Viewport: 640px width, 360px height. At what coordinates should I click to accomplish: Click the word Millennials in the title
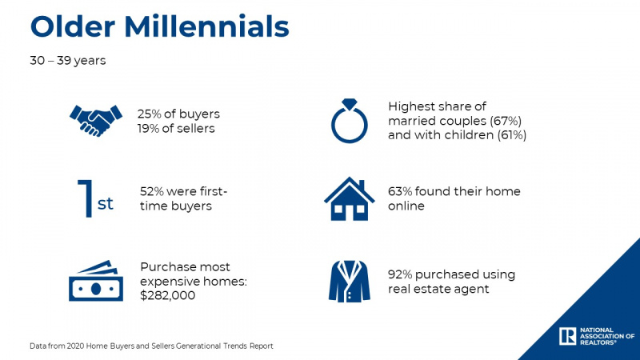(206, 27)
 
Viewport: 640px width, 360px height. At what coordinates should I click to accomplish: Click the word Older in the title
(73, 27)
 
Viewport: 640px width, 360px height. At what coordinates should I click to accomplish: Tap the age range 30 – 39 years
(68, 61)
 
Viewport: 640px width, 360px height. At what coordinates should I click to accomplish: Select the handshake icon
(96, 121)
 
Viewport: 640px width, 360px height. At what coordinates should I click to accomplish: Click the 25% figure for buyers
(149, 114)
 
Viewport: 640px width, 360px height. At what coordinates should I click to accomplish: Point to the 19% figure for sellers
(149, 129)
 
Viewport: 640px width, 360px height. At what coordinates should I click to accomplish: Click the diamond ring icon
(350, 121)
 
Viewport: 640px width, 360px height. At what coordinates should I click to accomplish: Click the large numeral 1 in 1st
(86, 198)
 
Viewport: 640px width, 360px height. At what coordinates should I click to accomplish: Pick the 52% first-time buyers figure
(151, 191)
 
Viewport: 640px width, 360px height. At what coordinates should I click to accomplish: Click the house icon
(350, 198)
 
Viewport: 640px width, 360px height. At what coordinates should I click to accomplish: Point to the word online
(406, 206)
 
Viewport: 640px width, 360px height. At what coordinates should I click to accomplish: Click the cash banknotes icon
(96, 281)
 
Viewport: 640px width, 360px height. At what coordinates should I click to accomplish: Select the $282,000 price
(168, 295)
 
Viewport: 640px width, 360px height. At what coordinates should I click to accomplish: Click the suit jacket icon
(350, 282)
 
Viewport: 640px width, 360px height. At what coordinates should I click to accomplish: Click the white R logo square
(567, 336)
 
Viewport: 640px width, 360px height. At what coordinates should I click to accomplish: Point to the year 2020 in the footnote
(75, 346)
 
